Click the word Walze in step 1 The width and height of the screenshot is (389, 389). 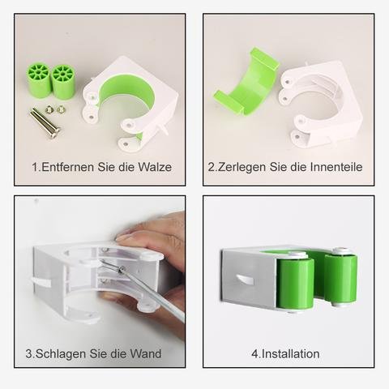click(155, 167)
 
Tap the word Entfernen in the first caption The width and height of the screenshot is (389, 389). click(68, 167)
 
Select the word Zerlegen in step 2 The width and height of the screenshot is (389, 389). click(242, 167)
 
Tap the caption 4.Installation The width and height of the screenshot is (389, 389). click(285, 354)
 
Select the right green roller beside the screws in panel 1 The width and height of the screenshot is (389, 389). click(63, 83)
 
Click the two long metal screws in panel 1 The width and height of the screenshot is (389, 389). click(45, 123)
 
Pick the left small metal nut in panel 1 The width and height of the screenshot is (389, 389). click(49, 109)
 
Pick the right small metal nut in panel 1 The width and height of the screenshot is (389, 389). click(61, 109)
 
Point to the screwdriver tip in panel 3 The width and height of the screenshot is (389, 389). click(123, 268)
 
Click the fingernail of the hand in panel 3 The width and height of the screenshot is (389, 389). click(123, 237)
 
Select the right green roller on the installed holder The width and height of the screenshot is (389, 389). click(340, 278)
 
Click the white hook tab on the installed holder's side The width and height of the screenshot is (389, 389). click(245, 280)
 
